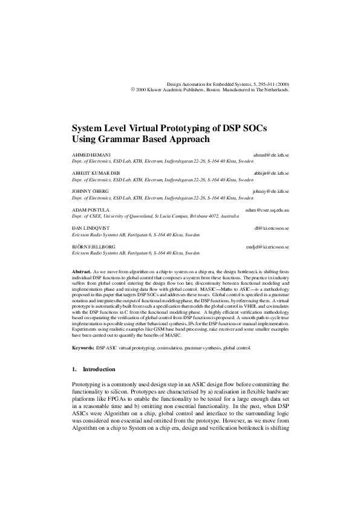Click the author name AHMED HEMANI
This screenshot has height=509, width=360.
click(x=91, y=155)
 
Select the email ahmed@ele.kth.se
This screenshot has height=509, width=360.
click(x=270, y=155)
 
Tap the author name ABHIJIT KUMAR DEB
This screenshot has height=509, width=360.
click(x=97, y=173)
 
